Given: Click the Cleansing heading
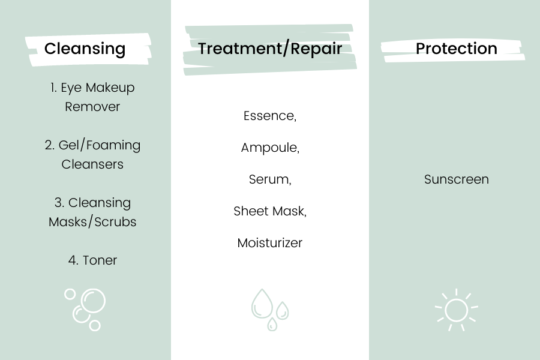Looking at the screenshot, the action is coord(85,49).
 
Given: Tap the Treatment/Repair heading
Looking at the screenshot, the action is coord(270,48).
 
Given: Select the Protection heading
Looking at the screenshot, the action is coord(457,48).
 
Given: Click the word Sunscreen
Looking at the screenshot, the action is coord(457,179).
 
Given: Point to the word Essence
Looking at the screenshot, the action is coord(268,116).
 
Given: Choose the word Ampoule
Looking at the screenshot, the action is coord(269,148).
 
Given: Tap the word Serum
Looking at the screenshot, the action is coord(269,179).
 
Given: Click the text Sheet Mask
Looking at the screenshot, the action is coord(269,211).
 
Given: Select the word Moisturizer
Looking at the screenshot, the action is coord(269,243).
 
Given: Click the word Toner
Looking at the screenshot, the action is coord(100,260).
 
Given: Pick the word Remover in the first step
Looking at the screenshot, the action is coord(92,107).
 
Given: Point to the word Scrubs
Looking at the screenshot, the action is coord(115,222).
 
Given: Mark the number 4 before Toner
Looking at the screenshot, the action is coord(72,260).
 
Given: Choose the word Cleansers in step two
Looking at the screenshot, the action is coord(92,164).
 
